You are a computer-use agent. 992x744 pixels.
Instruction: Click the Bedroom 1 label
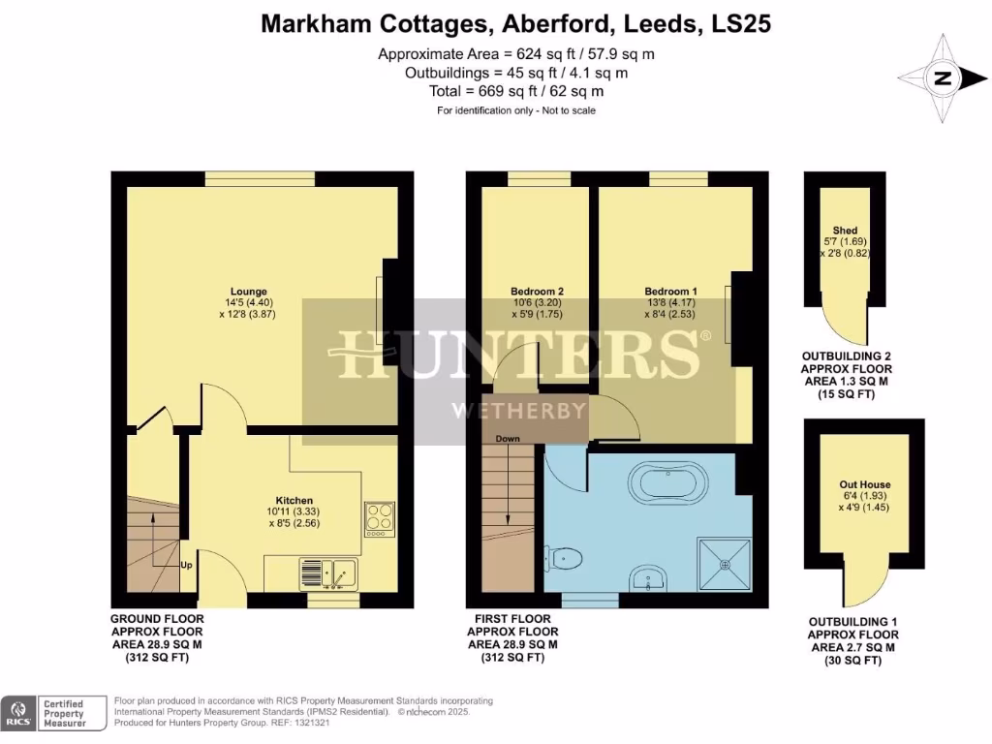(x=670, y=291)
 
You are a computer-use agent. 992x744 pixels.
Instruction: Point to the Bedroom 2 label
(x=537, y=291)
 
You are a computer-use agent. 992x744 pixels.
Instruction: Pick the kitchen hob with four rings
(x=378, y=517)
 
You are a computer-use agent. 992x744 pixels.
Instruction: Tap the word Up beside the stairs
(x=186, y=565)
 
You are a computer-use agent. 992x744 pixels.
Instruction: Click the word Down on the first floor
(x=508, y=439)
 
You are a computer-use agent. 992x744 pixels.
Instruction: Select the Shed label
(x=845, y=231)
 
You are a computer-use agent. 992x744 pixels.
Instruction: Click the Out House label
(x=865, y=484)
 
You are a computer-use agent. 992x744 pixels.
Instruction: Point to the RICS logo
(x=17, y=713)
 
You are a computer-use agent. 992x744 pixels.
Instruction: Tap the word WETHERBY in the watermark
(x=519, y=410)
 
